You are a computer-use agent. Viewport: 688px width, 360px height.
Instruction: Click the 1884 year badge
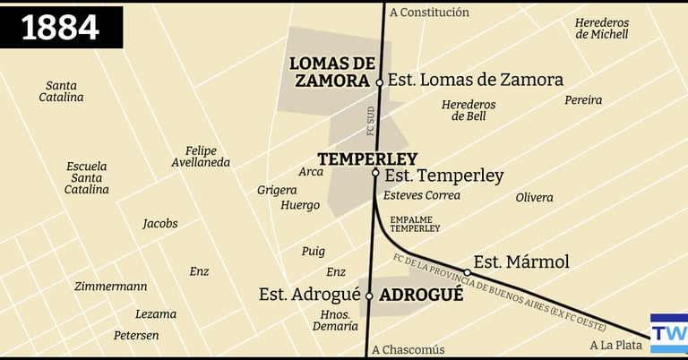coord(61,27)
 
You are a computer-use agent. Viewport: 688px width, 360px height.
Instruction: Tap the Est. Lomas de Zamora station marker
coord(379,82)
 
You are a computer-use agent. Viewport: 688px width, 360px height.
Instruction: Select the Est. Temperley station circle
coord(375,174)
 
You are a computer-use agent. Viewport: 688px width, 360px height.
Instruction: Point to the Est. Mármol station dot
coord(467,272)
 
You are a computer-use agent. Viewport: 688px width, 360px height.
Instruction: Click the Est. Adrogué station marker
coord(368,296)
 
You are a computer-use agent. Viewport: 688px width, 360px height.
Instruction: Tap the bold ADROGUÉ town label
coord(421,294)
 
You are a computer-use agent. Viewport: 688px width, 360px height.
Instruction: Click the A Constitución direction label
coord(429,13)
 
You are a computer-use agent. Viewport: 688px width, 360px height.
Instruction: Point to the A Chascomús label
coord(407,349)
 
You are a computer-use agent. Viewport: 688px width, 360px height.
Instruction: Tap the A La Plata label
coord(616,345)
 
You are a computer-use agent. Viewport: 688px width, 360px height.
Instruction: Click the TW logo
coord(668,333)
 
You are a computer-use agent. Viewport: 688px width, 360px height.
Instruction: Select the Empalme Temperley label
coord(415,223)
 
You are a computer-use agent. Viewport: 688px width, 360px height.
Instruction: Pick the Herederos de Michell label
coord(602,29)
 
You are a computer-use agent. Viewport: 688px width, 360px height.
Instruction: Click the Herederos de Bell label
coord(469,110)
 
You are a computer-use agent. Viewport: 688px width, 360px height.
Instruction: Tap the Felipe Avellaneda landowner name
coord(201,157)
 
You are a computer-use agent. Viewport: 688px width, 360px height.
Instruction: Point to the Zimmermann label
coord(111,287)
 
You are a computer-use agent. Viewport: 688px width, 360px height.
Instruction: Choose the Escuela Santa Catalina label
coord(88,177)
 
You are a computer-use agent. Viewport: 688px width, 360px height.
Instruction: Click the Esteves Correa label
coord(421,195)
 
